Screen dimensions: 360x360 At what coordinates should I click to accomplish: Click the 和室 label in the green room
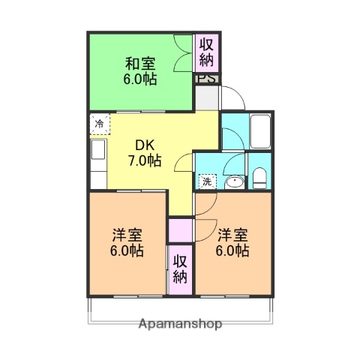pos(140,64)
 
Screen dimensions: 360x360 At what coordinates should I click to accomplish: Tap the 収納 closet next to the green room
pos(206,52)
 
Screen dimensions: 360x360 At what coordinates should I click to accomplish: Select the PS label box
pos(207,78)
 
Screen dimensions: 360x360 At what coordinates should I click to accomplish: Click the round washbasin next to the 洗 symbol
pos(233,181)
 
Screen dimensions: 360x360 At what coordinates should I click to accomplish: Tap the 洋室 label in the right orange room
pos(232,233)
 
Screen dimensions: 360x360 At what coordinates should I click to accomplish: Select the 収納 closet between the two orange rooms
pos(181,268)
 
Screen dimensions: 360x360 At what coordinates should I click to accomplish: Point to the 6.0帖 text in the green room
pos(140,79)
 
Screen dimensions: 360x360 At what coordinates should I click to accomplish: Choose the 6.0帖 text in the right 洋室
pos(232,250)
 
